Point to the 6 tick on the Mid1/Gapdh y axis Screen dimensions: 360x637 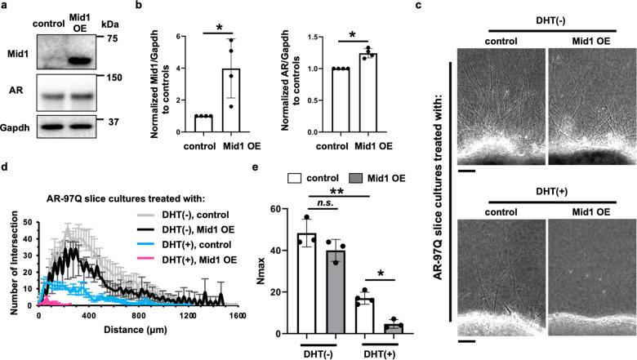(185, 37)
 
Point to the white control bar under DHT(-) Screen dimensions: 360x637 (307, 283)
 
